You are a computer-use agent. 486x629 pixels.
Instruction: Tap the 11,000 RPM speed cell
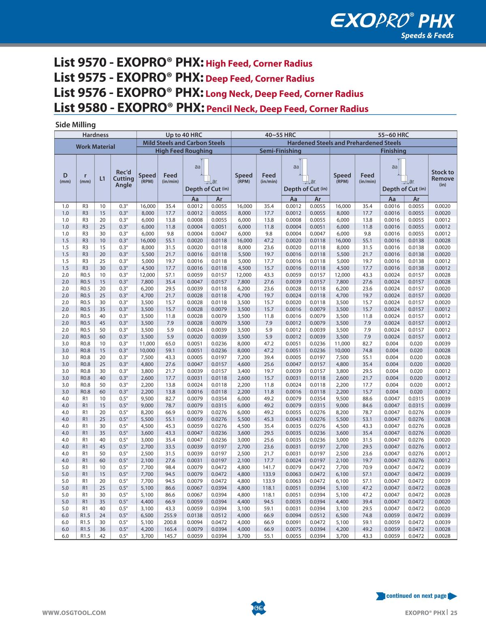147,344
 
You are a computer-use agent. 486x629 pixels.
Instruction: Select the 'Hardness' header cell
96,135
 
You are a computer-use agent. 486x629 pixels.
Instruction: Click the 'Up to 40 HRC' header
184,135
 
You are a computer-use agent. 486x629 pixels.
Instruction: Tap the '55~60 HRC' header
393,135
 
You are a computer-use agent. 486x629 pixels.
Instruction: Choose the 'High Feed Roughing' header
184,151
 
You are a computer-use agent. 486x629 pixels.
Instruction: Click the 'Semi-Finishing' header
280,151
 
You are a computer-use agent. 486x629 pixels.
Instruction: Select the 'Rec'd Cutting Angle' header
124,178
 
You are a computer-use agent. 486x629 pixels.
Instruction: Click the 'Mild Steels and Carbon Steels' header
184,143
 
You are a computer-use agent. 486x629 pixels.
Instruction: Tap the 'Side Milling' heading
75,125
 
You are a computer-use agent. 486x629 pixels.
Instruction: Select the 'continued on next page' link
416,596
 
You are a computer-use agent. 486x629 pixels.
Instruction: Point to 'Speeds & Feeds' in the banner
427,35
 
